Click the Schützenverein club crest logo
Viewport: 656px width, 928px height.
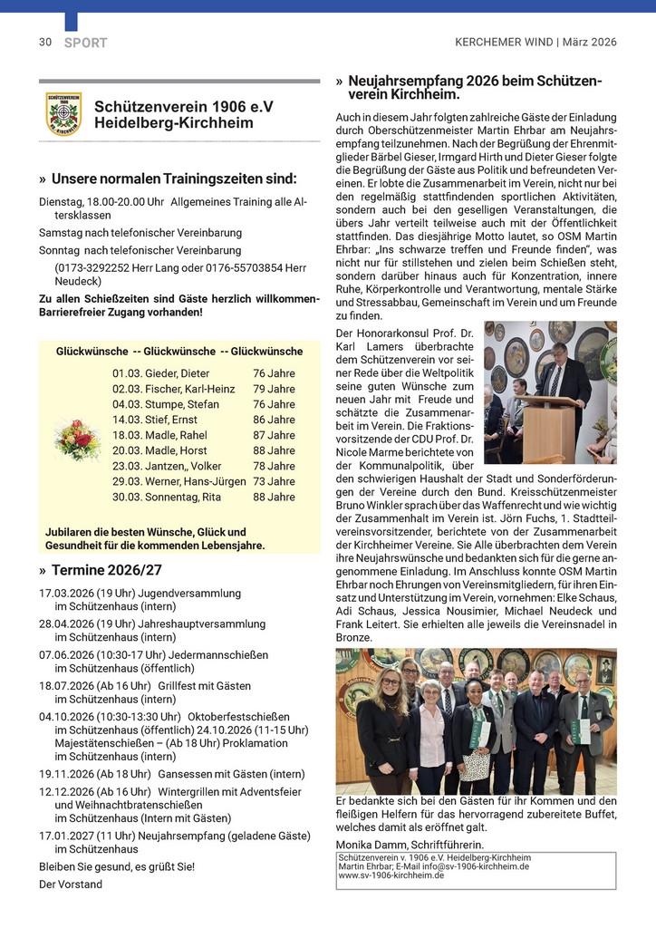[x=63, y=114]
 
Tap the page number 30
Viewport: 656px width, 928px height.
[x=44, y=42]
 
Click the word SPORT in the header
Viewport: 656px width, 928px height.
[x=86, y=43]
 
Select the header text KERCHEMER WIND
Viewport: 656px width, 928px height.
[x=504, y=42]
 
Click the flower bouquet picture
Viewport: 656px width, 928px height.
[x=78, y=439]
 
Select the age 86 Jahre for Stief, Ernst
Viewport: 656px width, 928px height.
[x=274, y=420]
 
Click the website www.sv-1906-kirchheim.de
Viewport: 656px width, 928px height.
[x=391, y=875]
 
